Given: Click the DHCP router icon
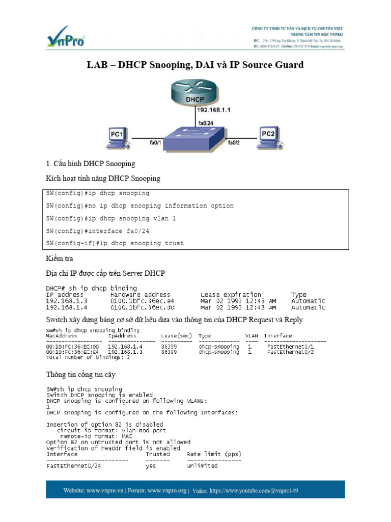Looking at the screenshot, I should [x=195, y=94].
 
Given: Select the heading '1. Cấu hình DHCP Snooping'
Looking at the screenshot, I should [x=91, y=164].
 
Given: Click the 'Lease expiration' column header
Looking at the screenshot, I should [x=231, y=295].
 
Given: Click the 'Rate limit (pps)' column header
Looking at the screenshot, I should [x=214, y=454].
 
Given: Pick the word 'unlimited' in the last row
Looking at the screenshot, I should [x=202, y=466].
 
